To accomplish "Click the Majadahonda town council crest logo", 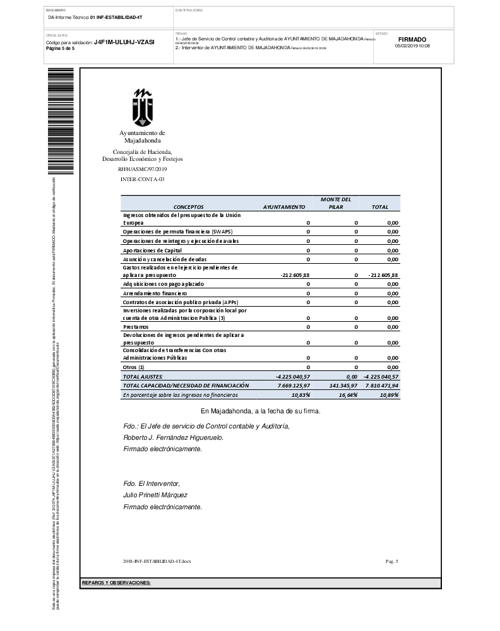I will coord(143,106).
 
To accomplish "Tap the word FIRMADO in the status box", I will coord(412,39).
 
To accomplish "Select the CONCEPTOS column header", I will coord(188,206).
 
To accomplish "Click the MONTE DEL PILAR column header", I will coord(335,203).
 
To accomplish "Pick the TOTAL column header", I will coord(379,206).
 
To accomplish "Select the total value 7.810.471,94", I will coord(383,385).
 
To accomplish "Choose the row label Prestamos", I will coord(136,326).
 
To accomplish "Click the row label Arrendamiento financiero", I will coord(155,293).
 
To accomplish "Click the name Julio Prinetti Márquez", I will coord(155,495).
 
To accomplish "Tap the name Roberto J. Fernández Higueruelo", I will coord(173,437).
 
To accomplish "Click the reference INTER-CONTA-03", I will coord(142,180).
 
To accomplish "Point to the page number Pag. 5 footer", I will coord(391,561).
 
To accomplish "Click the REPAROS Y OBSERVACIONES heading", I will coord(116,582).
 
